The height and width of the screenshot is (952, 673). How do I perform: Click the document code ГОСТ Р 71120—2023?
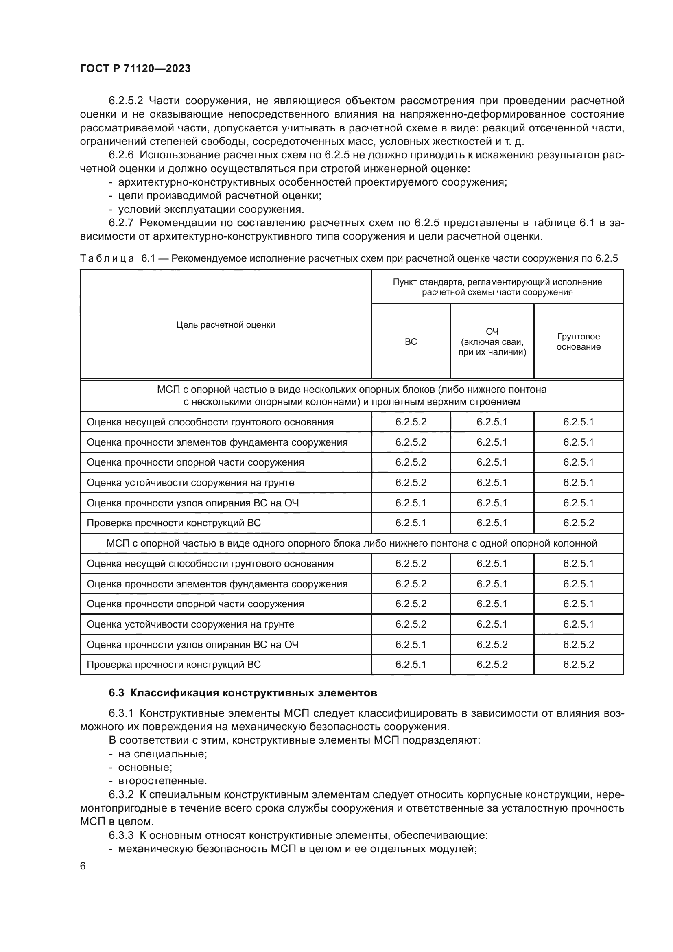pyautogui.click(x=135, y=69)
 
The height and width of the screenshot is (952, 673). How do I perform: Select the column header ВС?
pyautogui.click(x=411, y=341)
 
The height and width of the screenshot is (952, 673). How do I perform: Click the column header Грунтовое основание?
pyautogui.click(x=578, y=341)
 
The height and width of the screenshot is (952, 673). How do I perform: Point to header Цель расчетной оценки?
pyautogui.click(x=225, y=325)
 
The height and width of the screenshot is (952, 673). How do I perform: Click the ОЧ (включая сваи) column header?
pyautogui.click(x=492, y=341)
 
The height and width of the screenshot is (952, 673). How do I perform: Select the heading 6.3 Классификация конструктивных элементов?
pyautogui.click(x=243, y=693)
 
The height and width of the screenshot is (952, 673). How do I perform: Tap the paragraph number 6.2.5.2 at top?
pyautogui.click(x=126, y=101)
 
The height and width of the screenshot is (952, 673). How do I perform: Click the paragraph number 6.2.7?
pyautogui.click(x=121, y=223)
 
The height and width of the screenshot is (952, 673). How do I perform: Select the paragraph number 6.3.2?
pyautogui.click(x=121, y=794)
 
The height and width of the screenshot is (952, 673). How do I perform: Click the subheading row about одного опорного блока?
pyautogui.click(x=352, y=543)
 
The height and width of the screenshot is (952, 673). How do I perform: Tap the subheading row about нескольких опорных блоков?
pyautogui.click(x=352, y=396)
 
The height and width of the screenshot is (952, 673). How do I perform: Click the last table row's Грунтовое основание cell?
pyautogui.click(x=578, y=665)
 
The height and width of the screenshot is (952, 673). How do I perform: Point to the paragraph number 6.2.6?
pyautogui.click(x=121, y=155)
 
